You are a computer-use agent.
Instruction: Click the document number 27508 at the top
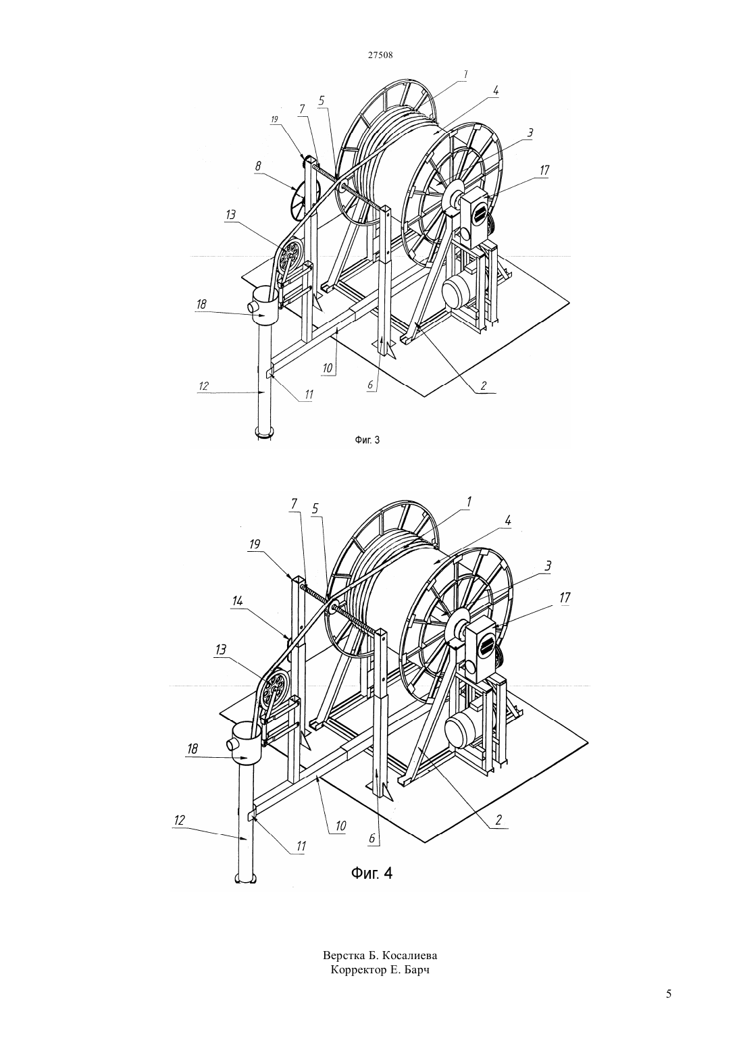click(380, 55)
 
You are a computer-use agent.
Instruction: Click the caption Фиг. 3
click(367, 440)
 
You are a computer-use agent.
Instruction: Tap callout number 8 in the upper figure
click(258, 166)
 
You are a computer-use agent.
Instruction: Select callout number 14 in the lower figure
click(237, 600)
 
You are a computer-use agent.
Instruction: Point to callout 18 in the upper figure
click(201, 304)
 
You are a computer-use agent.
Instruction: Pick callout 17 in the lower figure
click(565, 597)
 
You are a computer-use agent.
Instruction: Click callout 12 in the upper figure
click(203, 386)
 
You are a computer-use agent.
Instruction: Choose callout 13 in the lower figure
click(220, 649)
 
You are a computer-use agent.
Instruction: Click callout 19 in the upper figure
click(274, 120)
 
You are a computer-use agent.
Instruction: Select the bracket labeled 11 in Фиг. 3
click(270, 370)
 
